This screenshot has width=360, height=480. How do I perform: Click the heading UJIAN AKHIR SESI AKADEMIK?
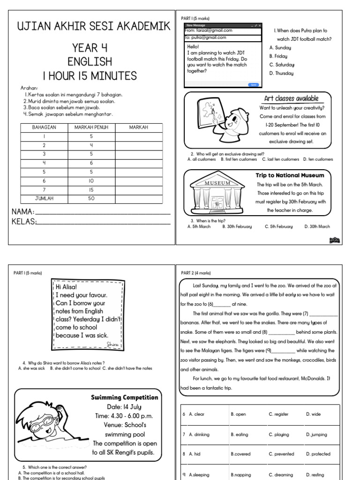point(94,26)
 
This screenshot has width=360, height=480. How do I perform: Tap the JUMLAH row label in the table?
point(44,198)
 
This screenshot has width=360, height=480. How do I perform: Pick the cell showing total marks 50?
point(91,198)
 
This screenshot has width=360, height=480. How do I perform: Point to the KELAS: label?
point(24,222)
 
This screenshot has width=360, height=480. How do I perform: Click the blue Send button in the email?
point(253,85)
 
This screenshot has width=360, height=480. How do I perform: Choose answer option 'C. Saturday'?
point(282,65)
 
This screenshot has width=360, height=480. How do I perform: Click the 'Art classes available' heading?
point(291,98)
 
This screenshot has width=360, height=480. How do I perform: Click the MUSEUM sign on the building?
point(217,183)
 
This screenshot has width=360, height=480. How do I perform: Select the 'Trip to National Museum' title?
point(290,175)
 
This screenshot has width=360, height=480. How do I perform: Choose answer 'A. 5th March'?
point(199,226)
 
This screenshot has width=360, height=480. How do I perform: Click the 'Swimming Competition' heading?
point(124,397)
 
